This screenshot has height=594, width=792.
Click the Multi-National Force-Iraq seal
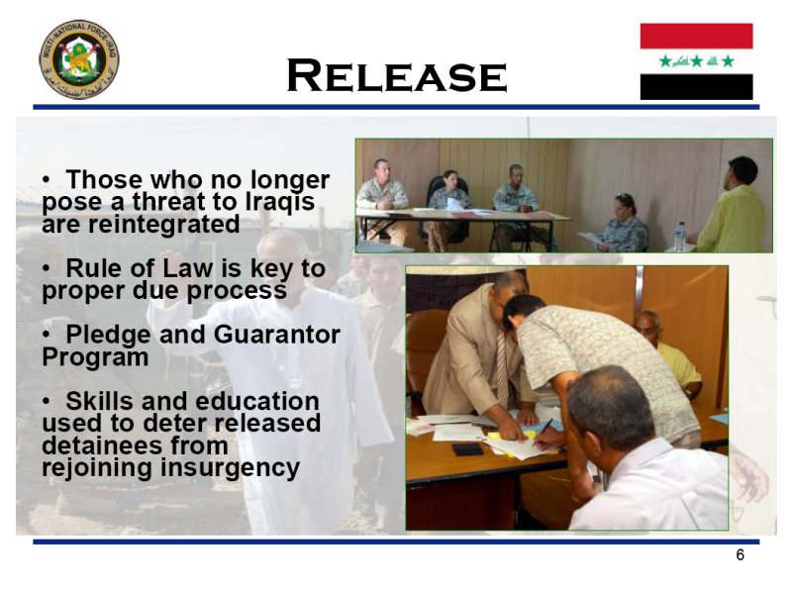coord(79,59)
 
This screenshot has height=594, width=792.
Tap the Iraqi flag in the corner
coord(696,61)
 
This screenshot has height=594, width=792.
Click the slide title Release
coord(397,75)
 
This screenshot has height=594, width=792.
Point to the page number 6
coord(740,554)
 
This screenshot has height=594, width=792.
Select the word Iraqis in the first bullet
coord(280,202)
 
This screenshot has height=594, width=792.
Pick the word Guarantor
coord(277,335)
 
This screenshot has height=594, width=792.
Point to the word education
coord(256,401)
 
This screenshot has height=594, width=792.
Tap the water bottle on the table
coord(680,237)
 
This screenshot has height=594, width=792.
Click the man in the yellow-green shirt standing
coord(732,206)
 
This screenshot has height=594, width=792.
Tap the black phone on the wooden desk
coord(467,449)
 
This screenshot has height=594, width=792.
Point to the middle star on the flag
coord(697,61)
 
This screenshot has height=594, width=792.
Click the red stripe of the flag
coord(696,36)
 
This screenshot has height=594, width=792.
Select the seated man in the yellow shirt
coord(666,353)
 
